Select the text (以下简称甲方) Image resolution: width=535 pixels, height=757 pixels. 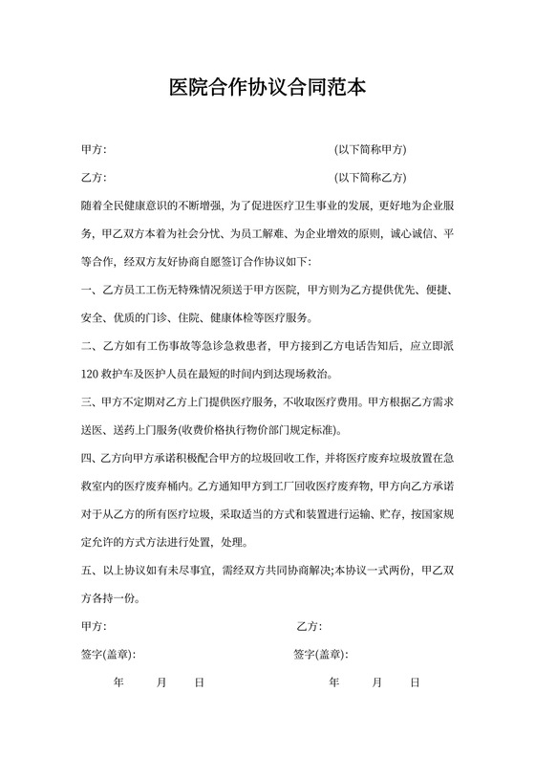tap(371, 150)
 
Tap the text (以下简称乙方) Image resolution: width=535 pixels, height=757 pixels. tap(371, 178)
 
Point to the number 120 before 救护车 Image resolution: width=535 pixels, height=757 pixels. tap(92, 373)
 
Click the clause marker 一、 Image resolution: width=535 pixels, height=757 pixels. tap(92, 289)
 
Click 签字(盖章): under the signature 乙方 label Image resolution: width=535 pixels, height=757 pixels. tap(321, 655)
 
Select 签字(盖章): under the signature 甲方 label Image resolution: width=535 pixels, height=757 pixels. tap(109, 655)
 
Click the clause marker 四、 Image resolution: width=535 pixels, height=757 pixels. tap(92, 457)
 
